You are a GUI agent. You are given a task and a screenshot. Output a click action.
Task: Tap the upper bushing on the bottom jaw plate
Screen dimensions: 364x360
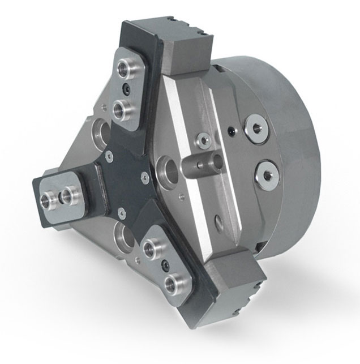[152, 247]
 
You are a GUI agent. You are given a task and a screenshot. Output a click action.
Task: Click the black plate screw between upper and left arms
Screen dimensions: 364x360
[107, 154]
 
